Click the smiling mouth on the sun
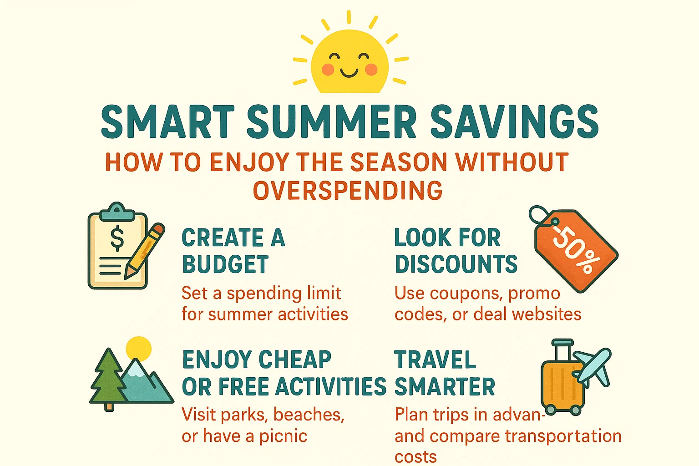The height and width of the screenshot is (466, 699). [349, 73]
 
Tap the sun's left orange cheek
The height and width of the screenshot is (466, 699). [328, 69]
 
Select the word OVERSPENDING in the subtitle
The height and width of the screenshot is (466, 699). [348, 190]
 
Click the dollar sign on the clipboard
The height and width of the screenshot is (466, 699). [117, 238]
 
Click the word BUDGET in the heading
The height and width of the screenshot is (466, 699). [225, 264]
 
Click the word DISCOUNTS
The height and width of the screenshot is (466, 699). [456, 264]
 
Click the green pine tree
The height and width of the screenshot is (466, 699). [108, 378]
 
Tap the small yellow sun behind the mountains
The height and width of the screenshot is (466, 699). [138, 348]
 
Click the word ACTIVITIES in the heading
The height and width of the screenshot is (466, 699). [331, 387]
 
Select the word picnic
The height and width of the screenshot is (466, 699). [283, 436]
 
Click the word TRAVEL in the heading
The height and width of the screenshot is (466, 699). [435, 360]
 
